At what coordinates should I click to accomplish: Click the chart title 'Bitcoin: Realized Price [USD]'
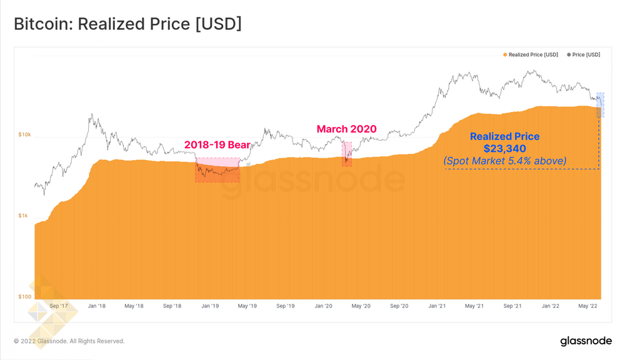pos(127,24)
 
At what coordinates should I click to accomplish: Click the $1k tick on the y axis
pos(24,216)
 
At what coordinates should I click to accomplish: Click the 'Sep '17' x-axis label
pos(58,306)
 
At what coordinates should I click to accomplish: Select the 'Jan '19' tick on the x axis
pos(210,306)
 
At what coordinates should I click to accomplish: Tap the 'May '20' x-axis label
pos(361,306)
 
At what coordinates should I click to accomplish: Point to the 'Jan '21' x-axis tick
pos(437,306)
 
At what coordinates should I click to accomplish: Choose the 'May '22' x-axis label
pos(588,306)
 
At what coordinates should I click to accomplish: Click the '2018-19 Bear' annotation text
pos(217,145)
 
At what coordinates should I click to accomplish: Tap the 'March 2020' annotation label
pos(346,129)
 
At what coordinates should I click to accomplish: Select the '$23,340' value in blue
pos(504,149)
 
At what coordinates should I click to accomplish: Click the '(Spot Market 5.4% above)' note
pos(505,161)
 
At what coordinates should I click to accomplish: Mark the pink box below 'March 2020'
pos(346,154)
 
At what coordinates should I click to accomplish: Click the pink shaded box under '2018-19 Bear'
pos(217,169)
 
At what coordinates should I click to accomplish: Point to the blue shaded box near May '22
pos(600,104)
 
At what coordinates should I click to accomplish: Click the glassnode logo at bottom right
pos(586,341)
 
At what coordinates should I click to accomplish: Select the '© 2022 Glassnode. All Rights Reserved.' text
pos(69,341)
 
